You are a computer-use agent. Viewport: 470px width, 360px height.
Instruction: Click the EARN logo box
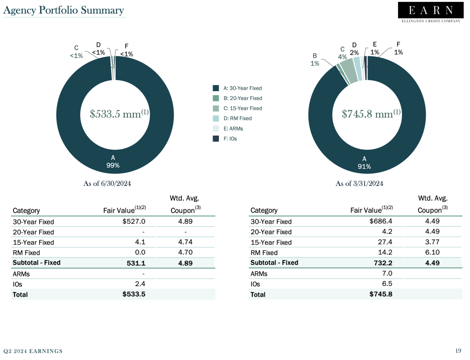(x=431, y=10)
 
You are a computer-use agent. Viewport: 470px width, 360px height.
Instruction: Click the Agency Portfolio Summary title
(x=64, y=10)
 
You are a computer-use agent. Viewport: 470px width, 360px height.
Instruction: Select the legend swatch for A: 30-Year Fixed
(x=216, y=88)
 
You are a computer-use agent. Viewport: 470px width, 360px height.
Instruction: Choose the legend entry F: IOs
(x=230, y=139)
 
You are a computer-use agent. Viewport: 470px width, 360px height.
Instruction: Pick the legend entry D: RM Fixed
(x=237, y=118)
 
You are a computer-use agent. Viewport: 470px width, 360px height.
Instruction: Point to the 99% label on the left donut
(x=113, y=165)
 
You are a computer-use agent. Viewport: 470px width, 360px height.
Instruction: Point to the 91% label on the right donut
(x=364, y=167)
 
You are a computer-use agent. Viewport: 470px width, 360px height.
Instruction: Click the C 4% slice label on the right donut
(x=342, y=53)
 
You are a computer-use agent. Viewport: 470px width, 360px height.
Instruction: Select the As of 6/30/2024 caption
(x=107, y=183)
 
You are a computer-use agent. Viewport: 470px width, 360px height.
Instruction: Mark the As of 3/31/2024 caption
(x=359, y=183)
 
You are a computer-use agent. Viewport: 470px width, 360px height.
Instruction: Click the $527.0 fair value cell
(x=134, y=221)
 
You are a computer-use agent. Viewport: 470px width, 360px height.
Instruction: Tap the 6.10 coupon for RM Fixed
(x=432, y=252)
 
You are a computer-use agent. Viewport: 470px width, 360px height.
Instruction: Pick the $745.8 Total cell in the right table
(x=381, y=294)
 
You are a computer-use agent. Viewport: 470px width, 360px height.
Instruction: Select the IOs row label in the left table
(x=17, y=284)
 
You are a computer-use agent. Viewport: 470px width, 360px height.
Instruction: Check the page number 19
(x=458, y=351)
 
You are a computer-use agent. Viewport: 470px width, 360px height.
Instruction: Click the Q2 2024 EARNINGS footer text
(x=33, y=351)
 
